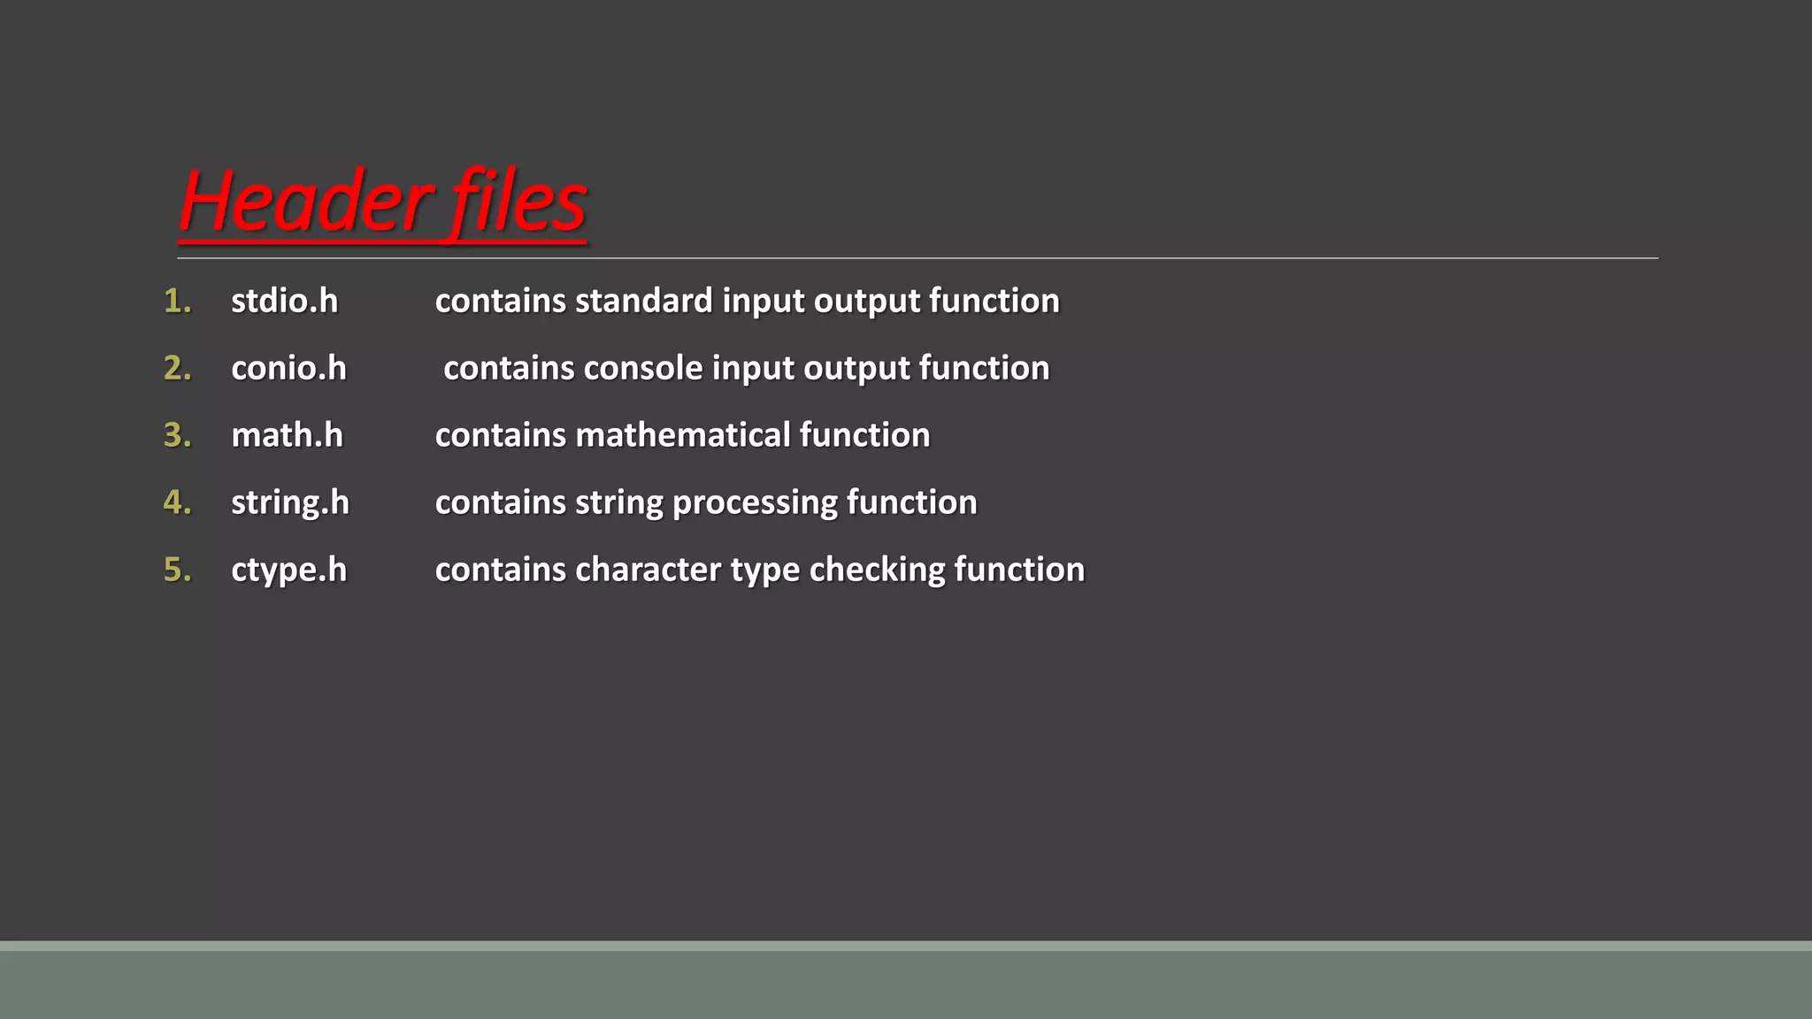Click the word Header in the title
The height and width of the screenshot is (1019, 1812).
coord(306,202)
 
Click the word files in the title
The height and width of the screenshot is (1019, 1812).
coord(518,202)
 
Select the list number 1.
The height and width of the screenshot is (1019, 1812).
coord(178,302)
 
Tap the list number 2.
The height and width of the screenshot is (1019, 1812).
coord(178,369)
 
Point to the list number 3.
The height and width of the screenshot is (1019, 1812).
coord(178,436)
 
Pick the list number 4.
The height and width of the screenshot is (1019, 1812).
coord(178,503)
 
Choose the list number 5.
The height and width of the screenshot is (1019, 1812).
coord(178,571)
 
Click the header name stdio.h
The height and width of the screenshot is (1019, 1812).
coord(284,302)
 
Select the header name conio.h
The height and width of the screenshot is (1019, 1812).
coord(288,369)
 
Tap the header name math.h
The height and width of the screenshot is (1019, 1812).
coord(287,436)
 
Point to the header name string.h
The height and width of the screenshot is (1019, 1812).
coord(290,503)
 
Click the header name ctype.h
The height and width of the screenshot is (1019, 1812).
coord(288,571)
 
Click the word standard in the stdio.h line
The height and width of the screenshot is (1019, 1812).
coord(643,302)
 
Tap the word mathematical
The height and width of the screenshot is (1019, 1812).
coord(682,436)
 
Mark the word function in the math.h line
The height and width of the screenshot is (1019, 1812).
coord(864,436)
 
